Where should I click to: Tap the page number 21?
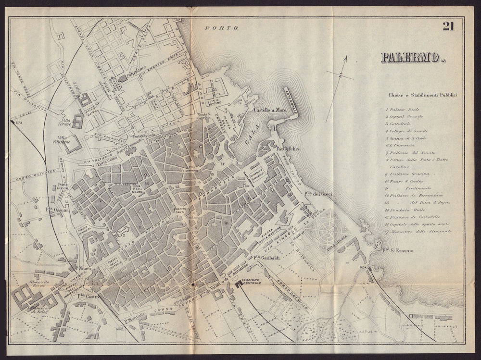(448, 27)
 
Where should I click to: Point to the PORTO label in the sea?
(222, 28)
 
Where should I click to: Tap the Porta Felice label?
(289, 149)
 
